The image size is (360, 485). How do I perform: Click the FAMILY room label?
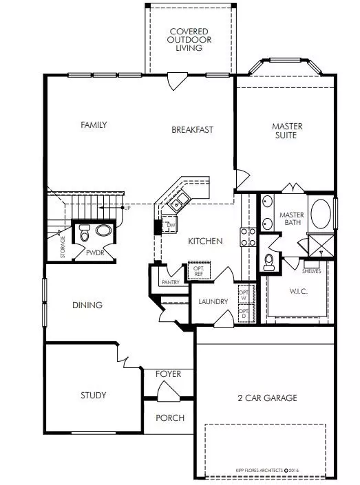coord(94,125)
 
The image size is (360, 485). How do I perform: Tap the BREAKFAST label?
coord(192,129)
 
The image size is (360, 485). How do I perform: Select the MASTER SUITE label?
coord(287,131)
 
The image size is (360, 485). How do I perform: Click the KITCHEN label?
coord(204,241)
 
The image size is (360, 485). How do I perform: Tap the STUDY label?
coord(93,395)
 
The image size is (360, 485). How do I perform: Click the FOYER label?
coord(168,374)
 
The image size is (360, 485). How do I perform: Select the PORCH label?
coord(169,418)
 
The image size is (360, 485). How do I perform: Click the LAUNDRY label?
coord(213,301)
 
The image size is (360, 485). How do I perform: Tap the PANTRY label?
coord(169,283)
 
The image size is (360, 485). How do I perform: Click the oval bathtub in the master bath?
coord(321,215)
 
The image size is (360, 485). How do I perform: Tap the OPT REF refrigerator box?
coord(199,269)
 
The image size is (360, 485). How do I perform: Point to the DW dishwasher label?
coord(171,226)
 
